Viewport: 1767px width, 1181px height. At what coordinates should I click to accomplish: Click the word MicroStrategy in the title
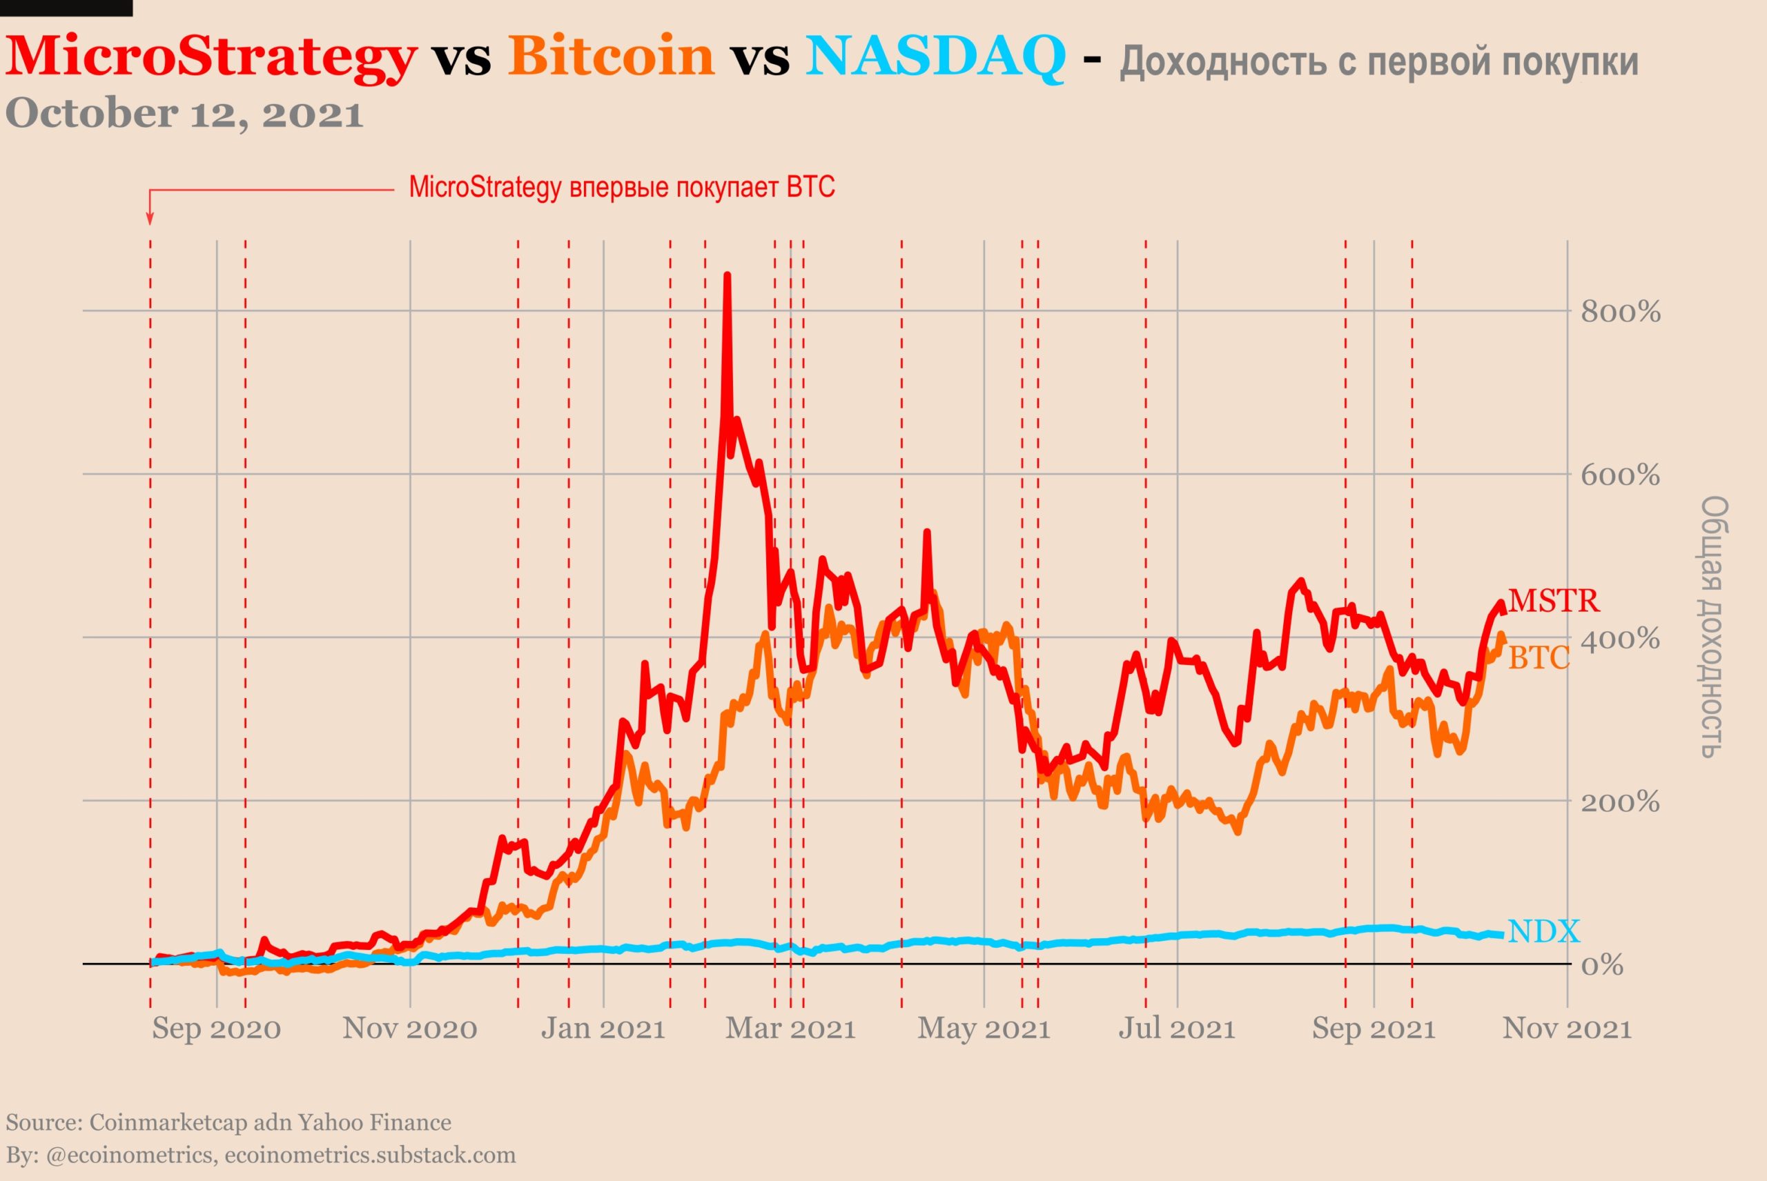click(x=211, y=57)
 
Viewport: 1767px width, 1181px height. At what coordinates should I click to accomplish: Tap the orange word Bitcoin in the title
click(x=611, y=56)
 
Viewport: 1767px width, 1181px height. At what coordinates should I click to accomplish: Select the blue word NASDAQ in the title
click(x=935, y=56)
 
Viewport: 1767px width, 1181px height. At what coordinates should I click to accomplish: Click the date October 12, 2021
click(x=184, y=114)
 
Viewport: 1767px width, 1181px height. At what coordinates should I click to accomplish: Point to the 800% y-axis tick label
click(x=1620, y=312)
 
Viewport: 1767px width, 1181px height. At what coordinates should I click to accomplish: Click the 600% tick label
click(x=1620, y=475)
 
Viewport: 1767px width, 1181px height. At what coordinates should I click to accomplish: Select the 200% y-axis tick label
click(x=1620, y=802)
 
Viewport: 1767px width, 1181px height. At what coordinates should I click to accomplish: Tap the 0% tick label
click(x=1602, y=965)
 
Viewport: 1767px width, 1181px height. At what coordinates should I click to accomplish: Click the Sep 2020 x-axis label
click(x=216, y=1029)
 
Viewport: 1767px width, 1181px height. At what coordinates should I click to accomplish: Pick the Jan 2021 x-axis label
click(x=603, y=1029)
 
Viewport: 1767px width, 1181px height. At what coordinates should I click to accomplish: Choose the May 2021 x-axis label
click(x=984, y=1029)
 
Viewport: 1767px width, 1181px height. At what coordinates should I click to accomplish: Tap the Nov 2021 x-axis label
click(x=1567, y=1029)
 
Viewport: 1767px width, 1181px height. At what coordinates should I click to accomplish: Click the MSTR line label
click(x=1554, y=600)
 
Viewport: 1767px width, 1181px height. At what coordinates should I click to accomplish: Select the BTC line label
click(x=1539, y=658)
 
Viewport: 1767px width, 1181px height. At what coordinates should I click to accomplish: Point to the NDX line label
click(x=1543, y=932)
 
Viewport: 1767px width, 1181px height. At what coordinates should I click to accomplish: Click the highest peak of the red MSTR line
click(x=727, y=276)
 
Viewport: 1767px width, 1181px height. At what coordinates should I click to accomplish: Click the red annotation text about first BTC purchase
click(x=622, y=187)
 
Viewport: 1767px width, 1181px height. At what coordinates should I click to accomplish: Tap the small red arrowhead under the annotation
click(x=150, y=219)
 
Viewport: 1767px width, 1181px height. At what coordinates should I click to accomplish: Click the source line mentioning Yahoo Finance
click(x=228, y=1123)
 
